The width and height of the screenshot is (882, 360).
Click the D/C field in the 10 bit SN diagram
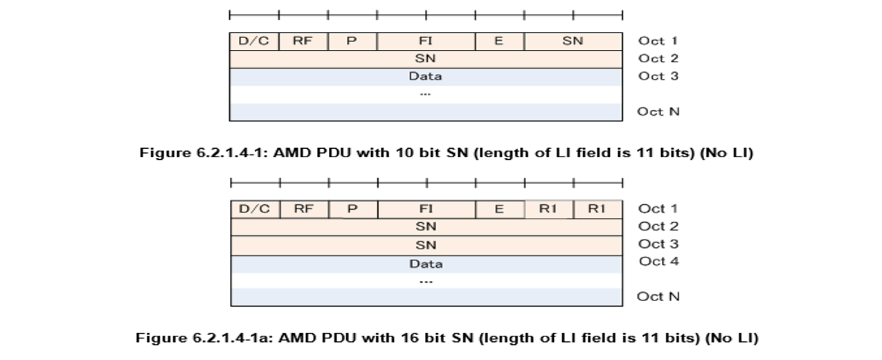[254, 41]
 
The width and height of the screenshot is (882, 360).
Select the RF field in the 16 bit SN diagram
[303, 208]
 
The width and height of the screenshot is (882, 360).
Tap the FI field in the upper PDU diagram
[426, 41]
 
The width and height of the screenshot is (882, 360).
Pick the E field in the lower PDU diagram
[499, 208]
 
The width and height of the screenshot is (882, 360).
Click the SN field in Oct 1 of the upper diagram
[573, 41]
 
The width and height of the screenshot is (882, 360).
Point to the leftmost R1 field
[548, 208]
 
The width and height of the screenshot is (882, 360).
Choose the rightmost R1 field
[597, 208]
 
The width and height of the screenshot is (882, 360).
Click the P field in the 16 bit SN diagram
[352, 208]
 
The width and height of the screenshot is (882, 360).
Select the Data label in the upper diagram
[425, 76]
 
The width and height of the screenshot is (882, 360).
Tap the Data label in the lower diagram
[426, 264]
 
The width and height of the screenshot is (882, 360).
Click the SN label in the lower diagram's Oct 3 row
[426, 244]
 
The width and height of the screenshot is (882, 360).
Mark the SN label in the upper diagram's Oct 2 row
[425, 59]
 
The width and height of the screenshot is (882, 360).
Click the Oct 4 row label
[659, 261]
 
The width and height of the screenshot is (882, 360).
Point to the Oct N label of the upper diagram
[658, 111]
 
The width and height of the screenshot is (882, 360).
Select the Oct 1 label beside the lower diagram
[658, 208]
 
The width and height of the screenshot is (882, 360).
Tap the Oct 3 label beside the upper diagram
[658, 76]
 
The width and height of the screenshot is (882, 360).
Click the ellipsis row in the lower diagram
[426, 281]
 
